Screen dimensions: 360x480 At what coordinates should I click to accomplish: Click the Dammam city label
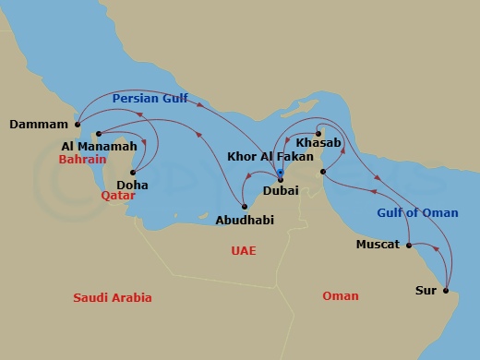point(39,125)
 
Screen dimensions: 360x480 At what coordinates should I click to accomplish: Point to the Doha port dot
point(134,172)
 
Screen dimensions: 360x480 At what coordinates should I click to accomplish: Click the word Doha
point(133,185)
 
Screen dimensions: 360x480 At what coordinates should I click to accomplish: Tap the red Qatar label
point(130,196)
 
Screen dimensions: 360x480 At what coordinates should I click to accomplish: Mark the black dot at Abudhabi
point(244,205)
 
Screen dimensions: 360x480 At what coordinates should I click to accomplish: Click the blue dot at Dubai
point(280,172)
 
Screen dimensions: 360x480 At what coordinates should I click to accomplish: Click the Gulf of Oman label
point(417,213)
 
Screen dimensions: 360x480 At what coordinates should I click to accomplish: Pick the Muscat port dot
point(407,245)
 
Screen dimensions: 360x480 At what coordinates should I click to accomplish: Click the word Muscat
point(378,245)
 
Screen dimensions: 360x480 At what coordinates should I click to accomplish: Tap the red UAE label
point(244,251)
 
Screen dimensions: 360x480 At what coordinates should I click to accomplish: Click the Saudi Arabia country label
point(113,297)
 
